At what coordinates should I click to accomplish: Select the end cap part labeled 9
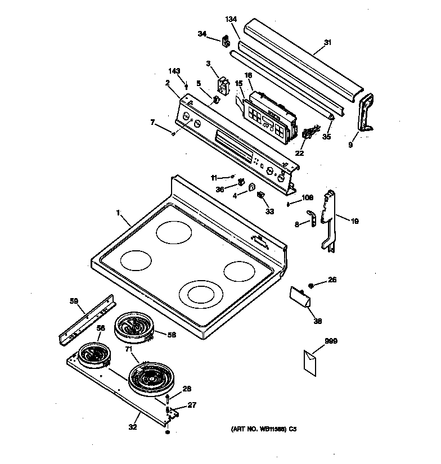click(x=367, y=113)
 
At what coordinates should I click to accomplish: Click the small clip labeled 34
click(x=226, y=41)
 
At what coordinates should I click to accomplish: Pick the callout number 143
click(x=175, y=71)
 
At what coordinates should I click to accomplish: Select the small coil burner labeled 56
click(x=92, y=355)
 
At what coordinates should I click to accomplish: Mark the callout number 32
click(x=132, y=427)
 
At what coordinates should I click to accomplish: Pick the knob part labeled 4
click(x=251, y=188)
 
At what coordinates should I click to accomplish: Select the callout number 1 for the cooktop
click(x=118, y=213)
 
